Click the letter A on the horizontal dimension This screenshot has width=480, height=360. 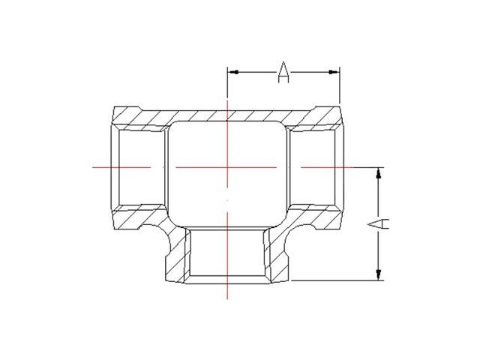point(283,72)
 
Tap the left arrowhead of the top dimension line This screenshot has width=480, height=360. point(232,72)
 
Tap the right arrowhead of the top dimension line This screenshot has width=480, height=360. point(334,72)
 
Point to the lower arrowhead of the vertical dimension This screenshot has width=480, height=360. point(379,274)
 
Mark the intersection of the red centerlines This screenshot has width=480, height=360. point(226,167)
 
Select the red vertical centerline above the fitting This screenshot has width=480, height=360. point(226,101)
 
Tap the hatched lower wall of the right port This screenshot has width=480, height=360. point(319,217)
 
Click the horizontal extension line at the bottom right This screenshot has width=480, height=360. point(337,280)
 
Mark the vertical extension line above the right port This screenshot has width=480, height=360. point(340,86)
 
